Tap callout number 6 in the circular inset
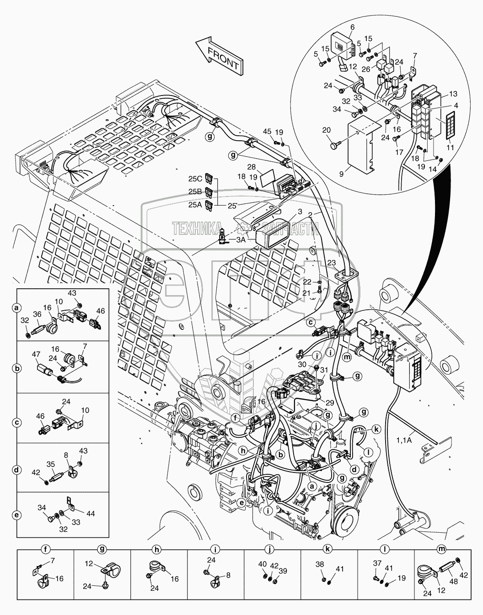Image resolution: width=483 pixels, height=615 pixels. point(352,27)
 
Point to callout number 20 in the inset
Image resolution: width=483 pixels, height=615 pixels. point(326,130)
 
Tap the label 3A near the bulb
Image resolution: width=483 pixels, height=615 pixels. point(241,239)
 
